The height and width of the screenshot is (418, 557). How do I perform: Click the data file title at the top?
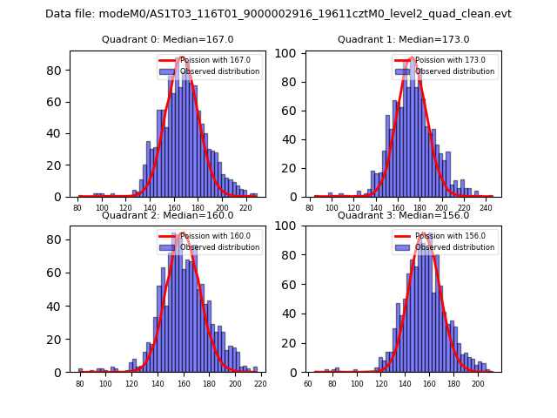tap(278, 14)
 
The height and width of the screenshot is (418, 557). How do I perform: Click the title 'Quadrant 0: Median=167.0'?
tap(168, 39)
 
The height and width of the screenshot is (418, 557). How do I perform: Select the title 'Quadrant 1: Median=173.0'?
tap(403, 39)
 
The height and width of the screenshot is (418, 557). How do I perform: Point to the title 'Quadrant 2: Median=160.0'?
tap(168, 215)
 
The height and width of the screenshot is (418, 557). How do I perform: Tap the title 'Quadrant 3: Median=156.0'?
tap(403, 215)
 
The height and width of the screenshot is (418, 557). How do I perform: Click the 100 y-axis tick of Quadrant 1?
tap(291, 54)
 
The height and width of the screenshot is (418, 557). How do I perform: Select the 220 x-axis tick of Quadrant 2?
tap(259, 384)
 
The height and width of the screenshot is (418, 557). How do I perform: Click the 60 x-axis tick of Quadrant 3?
tap(308, 384)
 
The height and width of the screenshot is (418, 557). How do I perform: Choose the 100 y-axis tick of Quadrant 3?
tap(291, 226)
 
